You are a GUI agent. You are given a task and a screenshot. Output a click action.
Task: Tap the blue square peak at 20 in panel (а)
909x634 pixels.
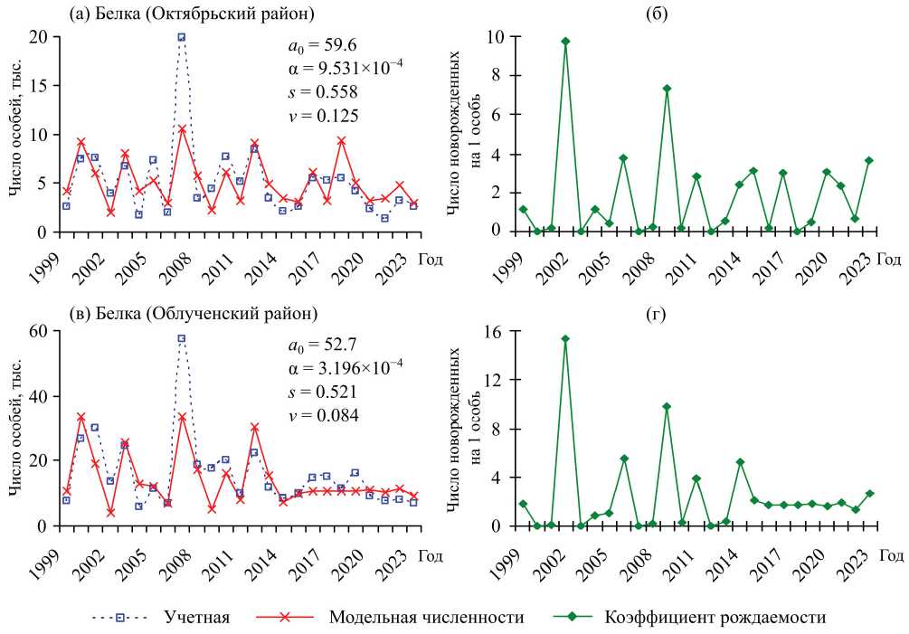pyautogui.click(x=182, y=37)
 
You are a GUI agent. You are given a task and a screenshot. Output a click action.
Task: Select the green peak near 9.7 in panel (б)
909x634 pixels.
pyautogui.click(x=565, y=42)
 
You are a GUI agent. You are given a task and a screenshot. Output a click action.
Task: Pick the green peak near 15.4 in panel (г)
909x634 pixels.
pyautogui.click(x=565, y=339)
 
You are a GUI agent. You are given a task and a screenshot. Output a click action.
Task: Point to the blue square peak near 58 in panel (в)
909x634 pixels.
pyautogui.click(x=182, y=338)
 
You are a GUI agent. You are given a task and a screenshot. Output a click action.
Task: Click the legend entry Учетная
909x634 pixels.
pyautogui.click(x=196, y=618)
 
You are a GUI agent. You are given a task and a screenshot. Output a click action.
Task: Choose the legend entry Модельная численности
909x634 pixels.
pyautogui.click(x=426, y=618)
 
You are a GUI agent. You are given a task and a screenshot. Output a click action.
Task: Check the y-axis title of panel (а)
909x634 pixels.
pyautogui.click(x=16, y=134)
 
